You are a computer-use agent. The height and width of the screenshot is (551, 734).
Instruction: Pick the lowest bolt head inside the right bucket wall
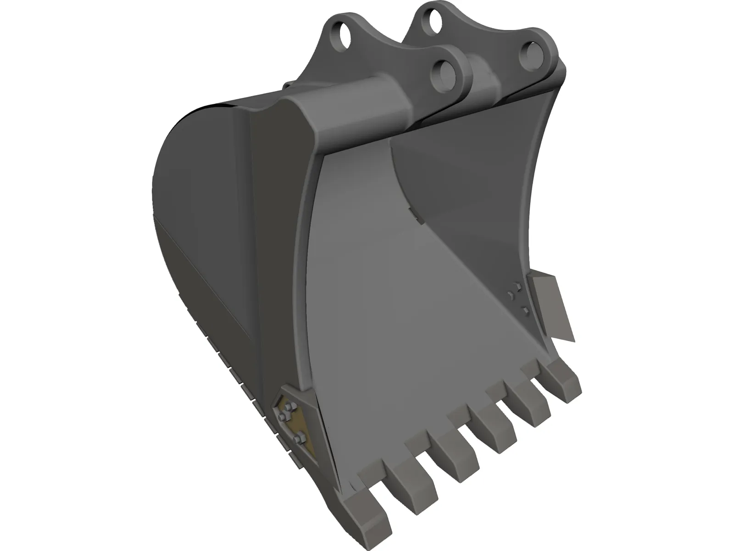tap(526, 312)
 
